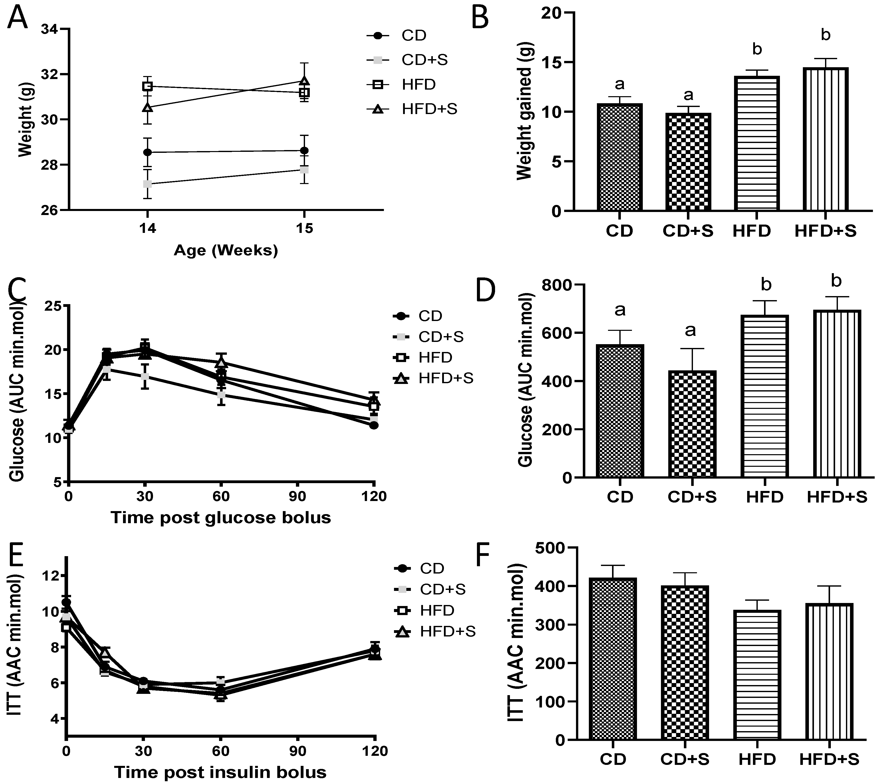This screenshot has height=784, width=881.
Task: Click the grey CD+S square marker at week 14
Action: tap(147, 184)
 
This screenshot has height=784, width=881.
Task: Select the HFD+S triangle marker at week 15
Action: tap(305, 81)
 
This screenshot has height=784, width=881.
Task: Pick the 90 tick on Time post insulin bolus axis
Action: tap(297, 751)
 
